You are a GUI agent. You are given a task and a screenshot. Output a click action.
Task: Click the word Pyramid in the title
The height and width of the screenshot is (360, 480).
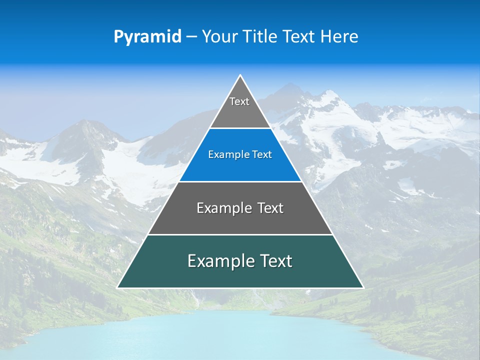coord(147,37)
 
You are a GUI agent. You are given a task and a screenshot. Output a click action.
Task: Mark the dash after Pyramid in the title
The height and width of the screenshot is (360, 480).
coord(191,37)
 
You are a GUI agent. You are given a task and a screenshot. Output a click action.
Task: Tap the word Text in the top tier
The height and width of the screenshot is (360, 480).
coord(239,101)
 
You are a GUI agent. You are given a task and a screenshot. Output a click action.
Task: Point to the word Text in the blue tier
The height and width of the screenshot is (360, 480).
coord(262,154)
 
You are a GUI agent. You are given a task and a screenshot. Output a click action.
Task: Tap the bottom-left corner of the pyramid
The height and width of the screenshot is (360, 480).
coord(118,287)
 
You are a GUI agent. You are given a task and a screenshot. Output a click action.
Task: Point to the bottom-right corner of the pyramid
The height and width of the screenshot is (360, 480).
coord(362,287)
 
